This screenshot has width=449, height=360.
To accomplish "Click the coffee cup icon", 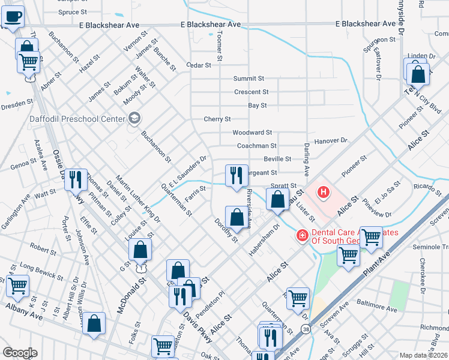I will [13, 17].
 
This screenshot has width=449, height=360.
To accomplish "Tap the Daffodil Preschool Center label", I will [78, 118].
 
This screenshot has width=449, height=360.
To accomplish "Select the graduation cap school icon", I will [133, 118].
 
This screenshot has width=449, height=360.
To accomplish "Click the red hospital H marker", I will [324, 193].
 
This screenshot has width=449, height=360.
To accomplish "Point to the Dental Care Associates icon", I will [301, 235].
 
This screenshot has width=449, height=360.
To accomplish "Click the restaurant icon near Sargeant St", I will [237, 175].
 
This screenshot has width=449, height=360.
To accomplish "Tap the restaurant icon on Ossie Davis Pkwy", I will [76, 179].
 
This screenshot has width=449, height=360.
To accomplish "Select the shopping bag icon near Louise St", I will [140, 250].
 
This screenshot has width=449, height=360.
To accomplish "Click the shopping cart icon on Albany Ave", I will [17, 286].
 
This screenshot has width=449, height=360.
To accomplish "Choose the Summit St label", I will [249, 79].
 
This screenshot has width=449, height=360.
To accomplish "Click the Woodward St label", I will [252, 132].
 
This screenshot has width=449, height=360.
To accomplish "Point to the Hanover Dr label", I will [335, 140].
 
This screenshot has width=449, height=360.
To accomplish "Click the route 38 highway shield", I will [307, 329].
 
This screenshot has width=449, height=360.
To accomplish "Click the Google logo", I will [20, 353].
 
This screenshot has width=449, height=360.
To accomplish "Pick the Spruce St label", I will [73, 11].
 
